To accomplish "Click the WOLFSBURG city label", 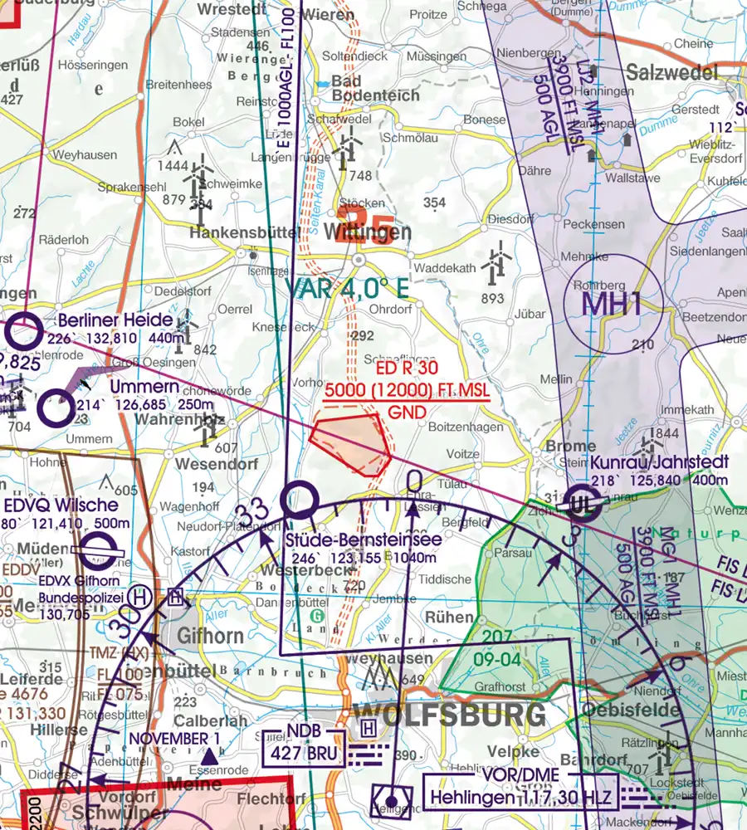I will (x=449, y=713).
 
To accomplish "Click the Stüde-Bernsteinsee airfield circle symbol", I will (x=299, y=500).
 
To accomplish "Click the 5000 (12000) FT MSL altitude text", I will (x=406, y=391).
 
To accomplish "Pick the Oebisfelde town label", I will (x=631, y=710).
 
